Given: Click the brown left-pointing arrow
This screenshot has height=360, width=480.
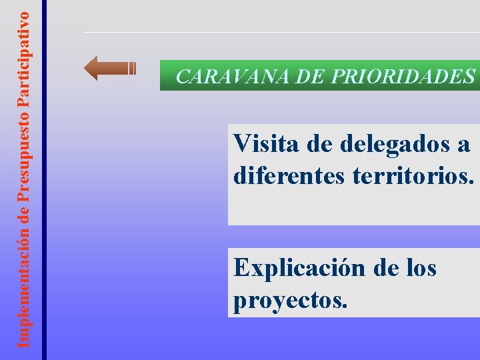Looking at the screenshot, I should [110, 68].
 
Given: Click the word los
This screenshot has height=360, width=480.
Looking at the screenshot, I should [419, 268].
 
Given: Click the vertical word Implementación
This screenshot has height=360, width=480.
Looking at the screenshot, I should [24, 287].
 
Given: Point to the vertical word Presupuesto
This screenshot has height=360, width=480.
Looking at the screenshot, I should [24, 155].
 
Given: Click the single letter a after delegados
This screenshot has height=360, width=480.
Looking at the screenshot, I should [464, 144].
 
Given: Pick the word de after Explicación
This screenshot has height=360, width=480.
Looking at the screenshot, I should [387, 268].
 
